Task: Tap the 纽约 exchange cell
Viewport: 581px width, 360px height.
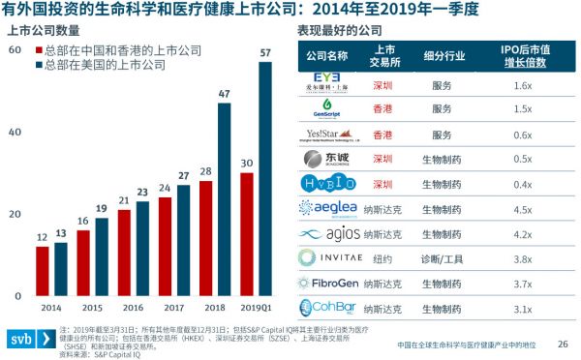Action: tap(382, 257)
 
